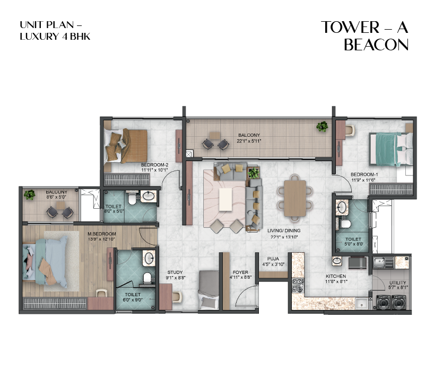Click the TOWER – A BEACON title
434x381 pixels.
365,36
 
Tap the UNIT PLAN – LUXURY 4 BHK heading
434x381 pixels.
51,30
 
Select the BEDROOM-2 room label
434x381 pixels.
154,165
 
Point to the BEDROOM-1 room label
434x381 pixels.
363,174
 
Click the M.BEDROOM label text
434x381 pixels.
101,233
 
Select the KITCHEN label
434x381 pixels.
336,277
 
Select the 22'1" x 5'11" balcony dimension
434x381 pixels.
250,141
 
